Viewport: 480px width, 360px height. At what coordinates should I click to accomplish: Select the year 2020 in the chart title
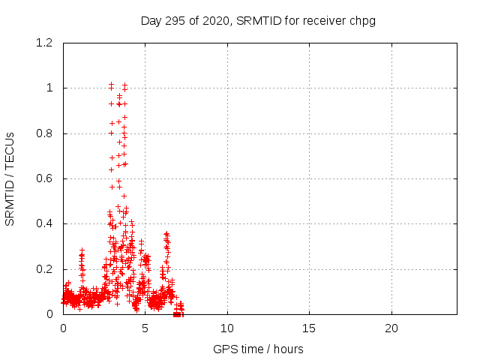click(x=216, y=20)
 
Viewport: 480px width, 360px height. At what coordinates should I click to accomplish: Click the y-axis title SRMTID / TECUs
click(x=10, y=178)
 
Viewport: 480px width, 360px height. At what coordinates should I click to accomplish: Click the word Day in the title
click(x=151, y=20)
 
